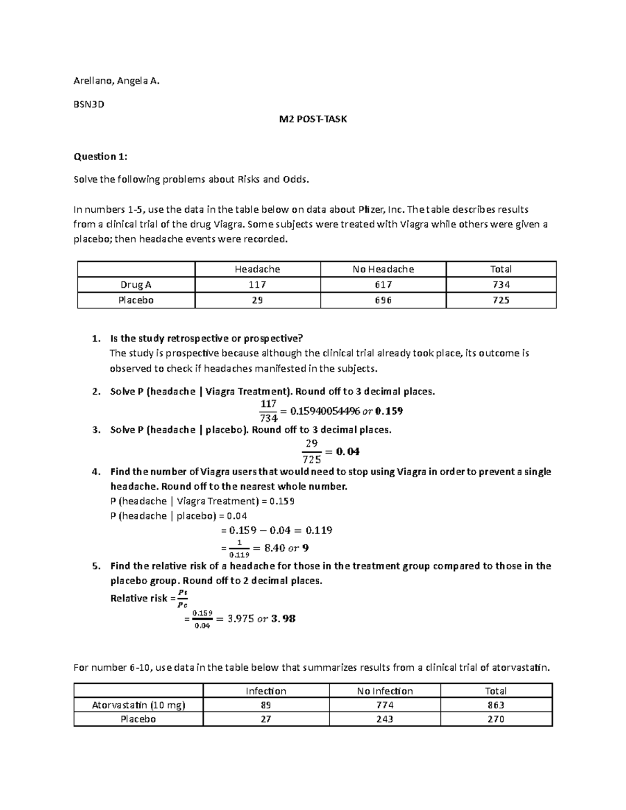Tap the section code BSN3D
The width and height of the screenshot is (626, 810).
[89, 104]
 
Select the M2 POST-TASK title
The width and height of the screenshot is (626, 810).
[312, 119]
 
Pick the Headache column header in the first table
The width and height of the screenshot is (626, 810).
[257, 269]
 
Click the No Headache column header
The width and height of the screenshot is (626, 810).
[383, 269]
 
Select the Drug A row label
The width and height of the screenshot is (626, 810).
[136, 285]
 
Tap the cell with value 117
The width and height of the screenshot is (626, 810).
[257, 285]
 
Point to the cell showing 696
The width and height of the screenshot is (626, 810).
[383, 300]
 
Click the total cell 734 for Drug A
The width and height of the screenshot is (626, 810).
[501, 285]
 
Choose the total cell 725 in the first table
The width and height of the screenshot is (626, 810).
[501, 300]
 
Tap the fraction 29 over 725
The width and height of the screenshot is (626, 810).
[311, 451]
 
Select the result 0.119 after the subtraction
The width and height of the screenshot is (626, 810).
[319, 530]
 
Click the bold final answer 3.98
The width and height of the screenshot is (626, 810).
[284, 619]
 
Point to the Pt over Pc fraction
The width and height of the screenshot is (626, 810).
[182, 599]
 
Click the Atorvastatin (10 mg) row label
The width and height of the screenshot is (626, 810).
[138, 705]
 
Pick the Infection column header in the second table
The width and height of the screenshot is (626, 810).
[266, 691]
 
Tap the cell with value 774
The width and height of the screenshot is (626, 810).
[384, 705]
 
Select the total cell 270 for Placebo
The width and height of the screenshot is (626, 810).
[496, 719]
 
